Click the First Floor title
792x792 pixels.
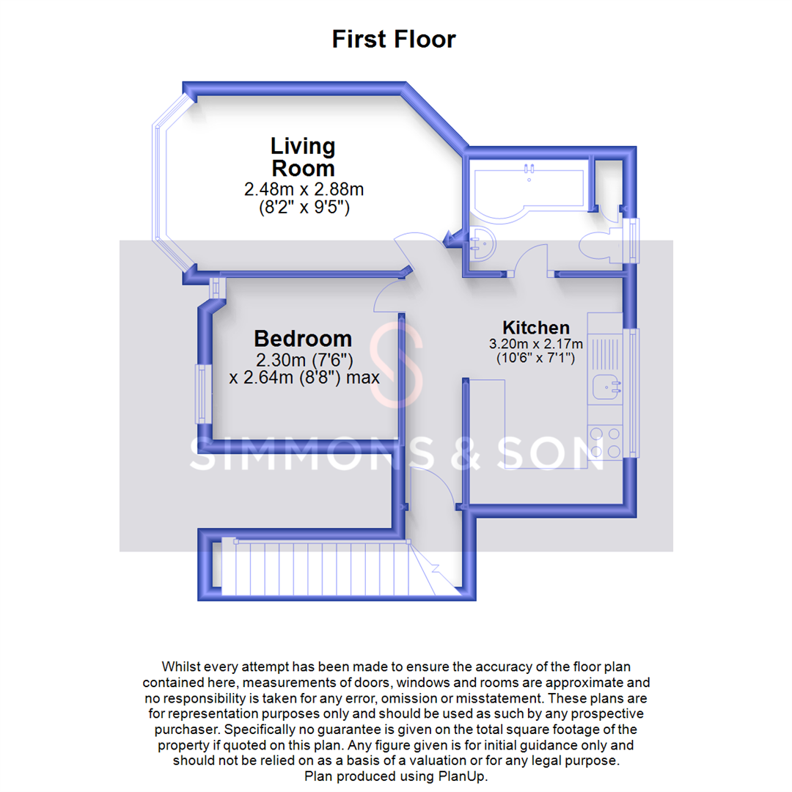point(394,39)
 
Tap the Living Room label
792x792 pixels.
point(303,156)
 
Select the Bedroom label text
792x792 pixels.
point(303,339)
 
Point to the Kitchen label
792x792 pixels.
point(535,327)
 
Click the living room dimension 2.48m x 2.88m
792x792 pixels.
point(304,189)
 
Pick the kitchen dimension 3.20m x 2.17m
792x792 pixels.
point(535,343)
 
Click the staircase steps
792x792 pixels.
point(315,568)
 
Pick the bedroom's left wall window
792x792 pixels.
point(201,394)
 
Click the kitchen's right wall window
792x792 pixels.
point(633,392)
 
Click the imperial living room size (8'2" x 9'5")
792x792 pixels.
point(304,208)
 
